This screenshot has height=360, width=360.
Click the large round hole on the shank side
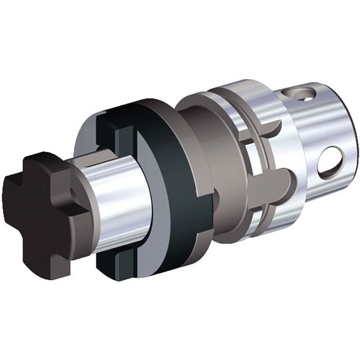click(331, 164)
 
